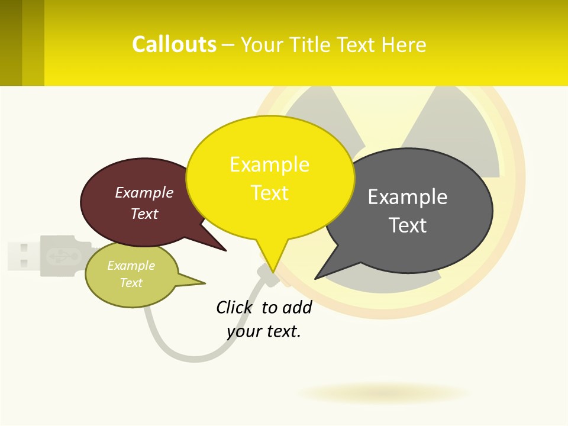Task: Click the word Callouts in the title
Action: coord(174,44)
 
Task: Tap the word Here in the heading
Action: coord(404,45)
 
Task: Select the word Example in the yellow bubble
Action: coord(269,164)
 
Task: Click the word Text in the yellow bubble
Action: coord(269,193)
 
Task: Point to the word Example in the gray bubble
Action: coord(408,197)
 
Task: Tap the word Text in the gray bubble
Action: coord(408,225)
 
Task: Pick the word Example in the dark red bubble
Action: coord(144,193)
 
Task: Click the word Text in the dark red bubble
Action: coord(144,214)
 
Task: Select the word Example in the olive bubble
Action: coord(131,266)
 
